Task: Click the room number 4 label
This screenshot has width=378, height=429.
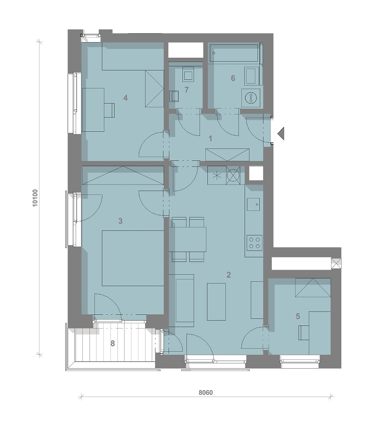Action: pyautogui.click(x=126, y=98)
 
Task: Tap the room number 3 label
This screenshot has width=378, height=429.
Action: pyautogui.click(x=120, y=221)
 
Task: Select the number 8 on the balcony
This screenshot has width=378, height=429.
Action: pyautogui.click(x=112, y=343)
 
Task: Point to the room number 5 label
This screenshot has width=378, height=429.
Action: pyautogui.click(x=298, y=316)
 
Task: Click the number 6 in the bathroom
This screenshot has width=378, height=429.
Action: pyautogui.click(x=233, y=78)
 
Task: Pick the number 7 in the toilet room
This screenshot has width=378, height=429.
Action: pyautogui.click(x=187, y=90)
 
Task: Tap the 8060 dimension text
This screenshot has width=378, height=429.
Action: pyautogui.click(x=206, y=393)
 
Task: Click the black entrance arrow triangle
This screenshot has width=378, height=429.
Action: pyautogui.click(x=281, y=133)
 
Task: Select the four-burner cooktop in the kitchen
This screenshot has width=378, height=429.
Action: pyautogui.click(x=254, y=242)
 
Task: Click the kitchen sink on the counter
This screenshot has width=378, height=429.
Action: pyautogui.click(x=254, y=204)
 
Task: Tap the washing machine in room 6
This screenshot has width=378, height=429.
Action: pyautogui.click(x=251, y=97)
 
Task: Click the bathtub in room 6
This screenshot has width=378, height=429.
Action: pyautogui.click(x=234, y=53)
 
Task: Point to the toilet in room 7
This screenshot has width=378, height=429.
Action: pyautogui.click(x=189, y=74)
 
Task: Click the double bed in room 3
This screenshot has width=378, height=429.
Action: pyautogui.click(x=133, y=258)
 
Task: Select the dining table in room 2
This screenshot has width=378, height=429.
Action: pyautogui.click(x=188, y=239)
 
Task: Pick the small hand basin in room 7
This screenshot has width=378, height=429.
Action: pyautogui.click(x=175, y=96)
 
